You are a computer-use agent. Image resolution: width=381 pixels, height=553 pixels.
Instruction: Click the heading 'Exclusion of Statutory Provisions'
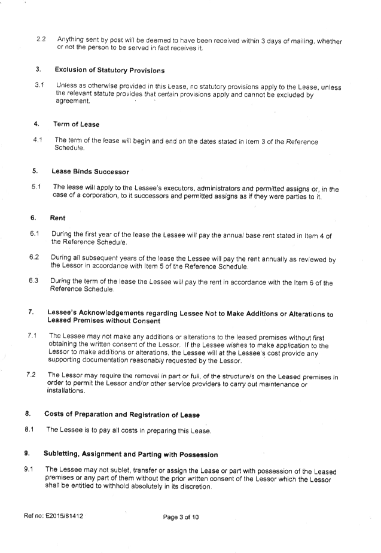click(109, 70)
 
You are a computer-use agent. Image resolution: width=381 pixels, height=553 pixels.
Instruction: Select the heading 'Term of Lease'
click(76, 124)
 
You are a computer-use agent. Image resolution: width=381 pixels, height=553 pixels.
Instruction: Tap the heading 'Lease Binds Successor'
click(90, 172)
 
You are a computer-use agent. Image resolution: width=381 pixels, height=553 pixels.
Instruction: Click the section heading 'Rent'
click(57, 218)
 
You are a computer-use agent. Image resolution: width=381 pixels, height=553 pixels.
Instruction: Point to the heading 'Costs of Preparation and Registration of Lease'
click(122, 415)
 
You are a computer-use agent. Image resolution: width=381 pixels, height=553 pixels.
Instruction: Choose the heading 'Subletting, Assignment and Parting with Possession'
click(131, 454)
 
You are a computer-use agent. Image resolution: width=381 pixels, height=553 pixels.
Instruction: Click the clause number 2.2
click(41, 39)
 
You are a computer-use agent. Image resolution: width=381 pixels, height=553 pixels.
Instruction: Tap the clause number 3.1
click(39, 85)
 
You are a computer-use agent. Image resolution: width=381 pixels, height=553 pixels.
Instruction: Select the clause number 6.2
click(34, 257)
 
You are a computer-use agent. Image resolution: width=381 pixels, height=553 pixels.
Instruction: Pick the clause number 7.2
click(31, 375)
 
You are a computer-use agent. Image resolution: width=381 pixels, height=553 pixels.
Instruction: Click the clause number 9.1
click(29, 469)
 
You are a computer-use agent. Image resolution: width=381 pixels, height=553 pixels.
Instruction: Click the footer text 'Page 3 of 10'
click(181, 517)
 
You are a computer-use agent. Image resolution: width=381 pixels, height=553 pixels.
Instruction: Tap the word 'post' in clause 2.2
click(116, 40)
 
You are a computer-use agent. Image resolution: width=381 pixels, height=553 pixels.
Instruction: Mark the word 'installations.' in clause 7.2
click(66, 391)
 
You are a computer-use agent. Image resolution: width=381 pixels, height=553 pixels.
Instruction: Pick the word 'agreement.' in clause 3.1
click(73, 101)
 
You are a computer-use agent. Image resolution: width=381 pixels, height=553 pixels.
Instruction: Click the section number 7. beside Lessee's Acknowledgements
click(31, 312)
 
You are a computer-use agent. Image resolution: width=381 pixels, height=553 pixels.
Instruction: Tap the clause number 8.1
click(29, 429)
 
